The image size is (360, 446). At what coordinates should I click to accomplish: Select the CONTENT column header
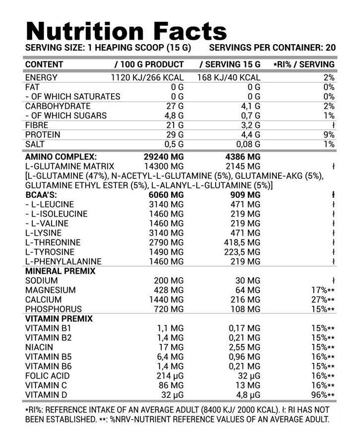tap(44, 64)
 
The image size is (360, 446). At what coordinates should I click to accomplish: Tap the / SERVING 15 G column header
tap(230, 64)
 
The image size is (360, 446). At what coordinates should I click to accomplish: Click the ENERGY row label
tap(41, 78)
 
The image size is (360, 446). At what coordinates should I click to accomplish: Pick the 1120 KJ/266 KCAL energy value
tap(147, 78)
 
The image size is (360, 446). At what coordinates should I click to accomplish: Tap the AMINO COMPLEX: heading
tap(60, 157)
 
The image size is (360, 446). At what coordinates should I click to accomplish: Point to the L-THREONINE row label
tap(53, 243)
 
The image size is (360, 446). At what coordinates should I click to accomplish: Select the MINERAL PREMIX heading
tap(60, 272)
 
